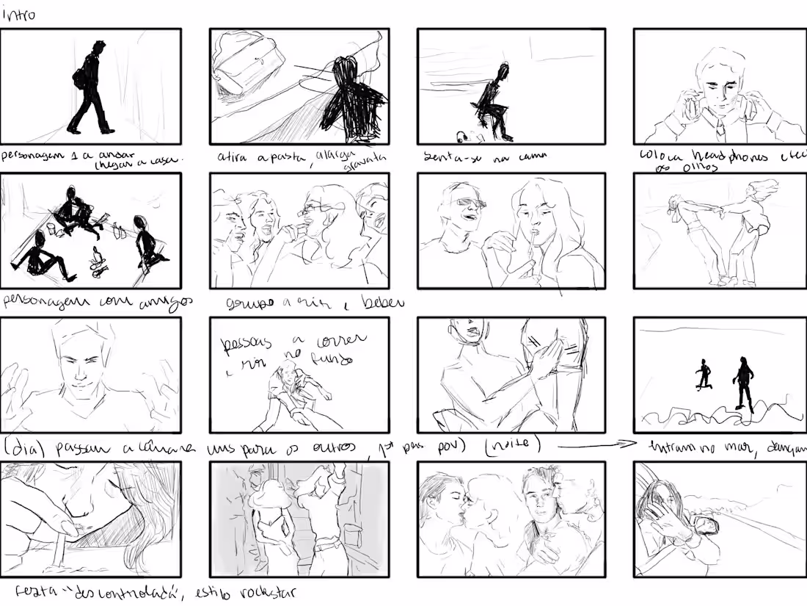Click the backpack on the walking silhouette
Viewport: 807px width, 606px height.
tap(79, 78)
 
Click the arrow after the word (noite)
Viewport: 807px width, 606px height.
tap(591, 444)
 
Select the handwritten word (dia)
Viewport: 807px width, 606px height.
tap(19, 447)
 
